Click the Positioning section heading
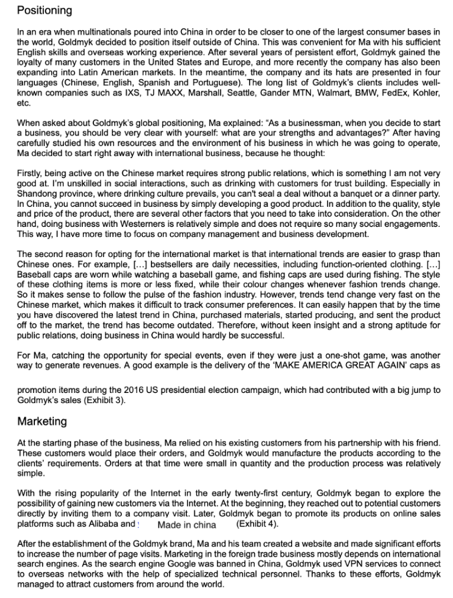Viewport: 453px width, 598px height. click(44, 11)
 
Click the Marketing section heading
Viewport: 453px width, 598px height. click(42, 421)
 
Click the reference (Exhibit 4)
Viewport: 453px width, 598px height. click(257, 524)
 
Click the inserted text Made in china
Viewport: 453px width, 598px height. click(187, 525)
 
